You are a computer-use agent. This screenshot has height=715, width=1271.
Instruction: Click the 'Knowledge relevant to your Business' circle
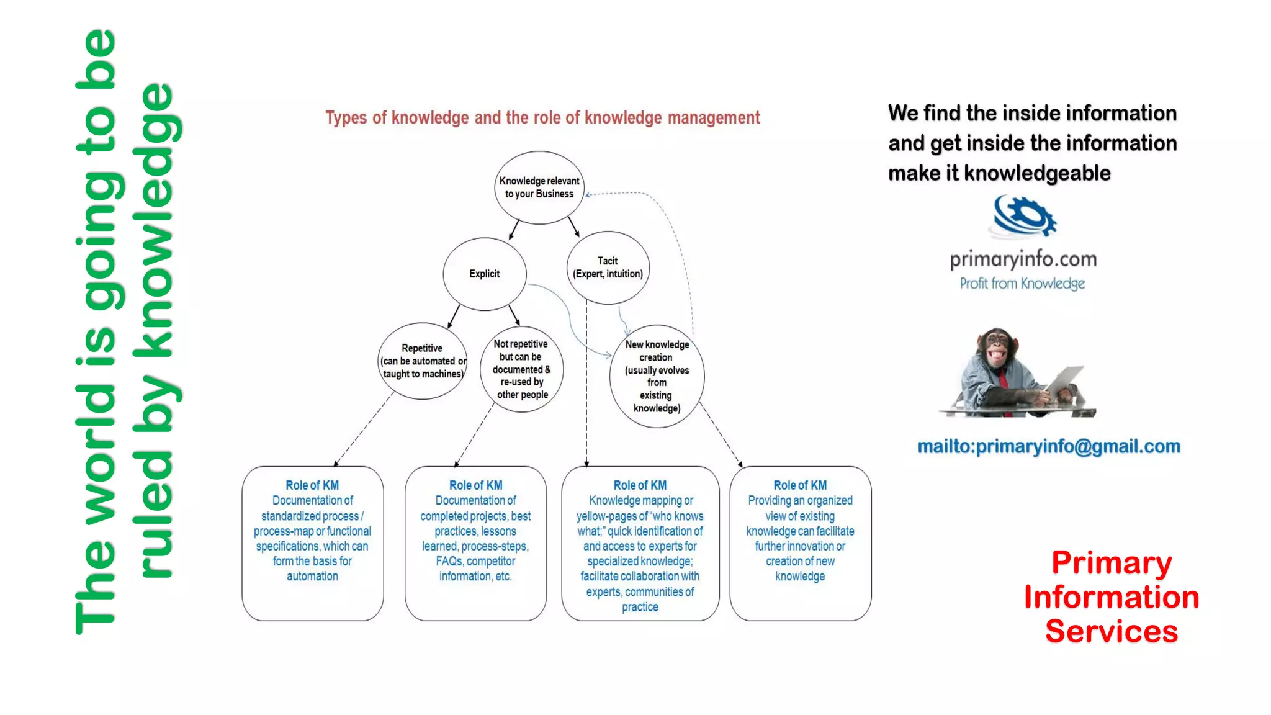pyautogui.click(x=539, y=187)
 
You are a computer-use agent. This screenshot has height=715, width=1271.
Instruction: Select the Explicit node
pyautogui.click(x=484, y=274)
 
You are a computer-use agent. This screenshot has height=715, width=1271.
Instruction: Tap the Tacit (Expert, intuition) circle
pyautogui.click(x=608, y=268)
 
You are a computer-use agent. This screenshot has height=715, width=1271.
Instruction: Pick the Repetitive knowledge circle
pyautogui.click(x=422, y=361)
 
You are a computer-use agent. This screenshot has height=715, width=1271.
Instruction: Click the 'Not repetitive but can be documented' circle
pyautogui.click(x=521, y=369)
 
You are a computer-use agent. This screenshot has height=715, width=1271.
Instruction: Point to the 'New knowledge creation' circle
pyautogui.click(x=657, y=376)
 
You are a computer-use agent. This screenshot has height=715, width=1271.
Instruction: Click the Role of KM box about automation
pyautogui.click(x=312, y=543)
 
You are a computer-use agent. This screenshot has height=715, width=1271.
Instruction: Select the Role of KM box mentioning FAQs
pyautogui.click(x=475, y=543)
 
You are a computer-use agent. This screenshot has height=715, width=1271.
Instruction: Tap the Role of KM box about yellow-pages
pyautogui.click(x=640, y=543)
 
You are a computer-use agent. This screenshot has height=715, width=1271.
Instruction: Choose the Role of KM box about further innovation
pyautogui.click(x=800, y=543)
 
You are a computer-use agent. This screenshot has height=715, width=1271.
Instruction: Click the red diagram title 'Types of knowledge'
pyautogui.click(x=542, y=117)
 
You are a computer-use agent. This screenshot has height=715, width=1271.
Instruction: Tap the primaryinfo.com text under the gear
pyautogui.click(x=1023, y=259)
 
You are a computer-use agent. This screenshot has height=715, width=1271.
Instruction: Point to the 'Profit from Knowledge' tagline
pyautogui.click(x=1022, y=284)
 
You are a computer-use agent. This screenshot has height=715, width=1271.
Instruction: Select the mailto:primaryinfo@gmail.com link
pyautogui.click(x=1048, y=446)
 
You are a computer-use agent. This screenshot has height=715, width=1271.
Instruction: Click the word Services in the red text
pyautogui.click(x=1111, y=631)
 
